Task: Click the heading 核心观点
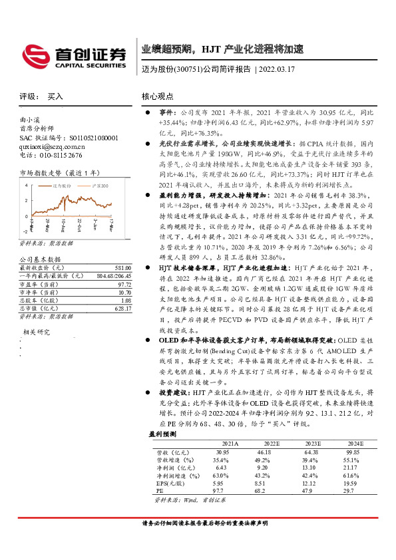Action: tap(158, 96)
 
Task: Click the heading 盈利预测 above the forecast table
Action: tap(162, 433)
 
